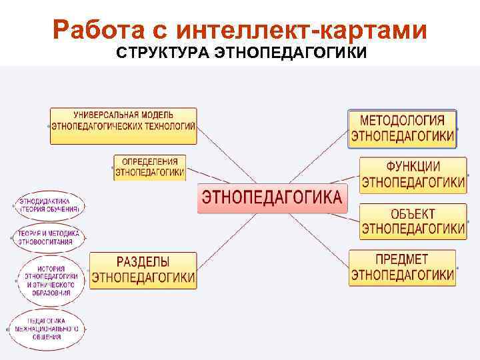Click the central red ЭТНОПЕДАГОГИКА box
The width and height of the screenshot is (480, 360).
pyautogui.click(x=272, y=198)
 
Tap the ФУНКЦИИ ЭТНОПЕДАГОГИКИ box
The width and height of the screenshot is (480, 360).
pyautogui.click(x=413, y=175)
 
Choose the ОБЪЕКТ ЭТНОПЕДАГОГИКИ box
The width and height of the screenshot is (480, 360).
pyautogui.click(x=413, y=221)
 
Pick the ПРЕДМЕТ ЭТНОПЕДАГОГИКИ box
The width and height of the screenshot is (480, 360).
pyautogui.click(x=403, y=268)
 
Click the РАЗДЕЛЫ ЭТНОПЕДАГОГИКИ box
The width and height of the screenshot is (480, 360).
pyautogui.click(x=143, y=270)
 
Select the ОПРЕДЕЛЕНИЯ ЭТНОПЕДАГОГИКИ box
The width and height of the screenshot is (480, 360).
pyautogui.click(x=150, y=167)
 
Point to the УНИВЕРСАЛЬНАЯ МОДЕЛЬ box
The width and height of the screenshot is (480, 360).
pyautogui.click(x=124, y=125)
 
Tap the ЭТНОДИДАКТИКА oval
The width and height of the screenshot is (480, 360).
pyautogui.click(x=49, y=205)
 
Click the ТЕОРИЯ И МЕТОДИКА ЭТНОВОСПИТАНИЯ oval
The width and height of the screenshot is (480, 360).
pyautogui.click(x=49, y=237)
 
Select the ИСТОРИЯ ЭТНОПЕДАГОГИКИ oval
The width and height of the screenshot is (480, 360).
pyautogui.click(x=51, y=280)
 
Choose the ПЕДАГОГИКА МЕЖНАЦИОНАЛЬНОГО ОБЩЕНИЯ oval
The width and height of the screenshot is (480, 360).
pyautogui.click(x=47, y=329)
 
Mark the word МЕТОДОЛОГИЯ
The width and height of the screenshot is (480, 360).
pyautogui.click(x=403, y=121)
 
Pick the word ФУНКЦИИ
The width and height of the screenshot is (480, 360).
pyautogui.click(x=413, y=167)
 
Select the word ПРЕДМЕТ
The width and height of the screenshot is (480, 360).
pyautogui.click(x=403, y=260)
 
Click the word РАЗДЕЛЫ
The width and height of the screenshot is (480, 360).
pyautogui.click(x=143, y=262)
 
